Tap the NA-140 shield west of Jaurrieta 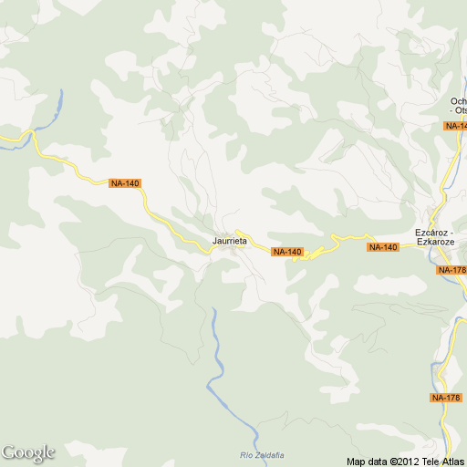124,183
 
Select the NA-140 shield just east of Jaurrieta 286,252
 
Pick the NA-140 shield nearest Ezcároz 384,247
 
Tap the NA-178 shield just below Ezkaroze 451,270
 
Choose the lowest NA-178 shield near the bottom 446,398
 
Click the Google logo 27,452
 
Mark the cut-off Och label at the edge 458,101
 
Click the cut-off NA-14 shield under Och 455,125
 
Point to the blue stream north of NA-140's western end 57,104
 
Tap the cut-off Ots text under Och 460,111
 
